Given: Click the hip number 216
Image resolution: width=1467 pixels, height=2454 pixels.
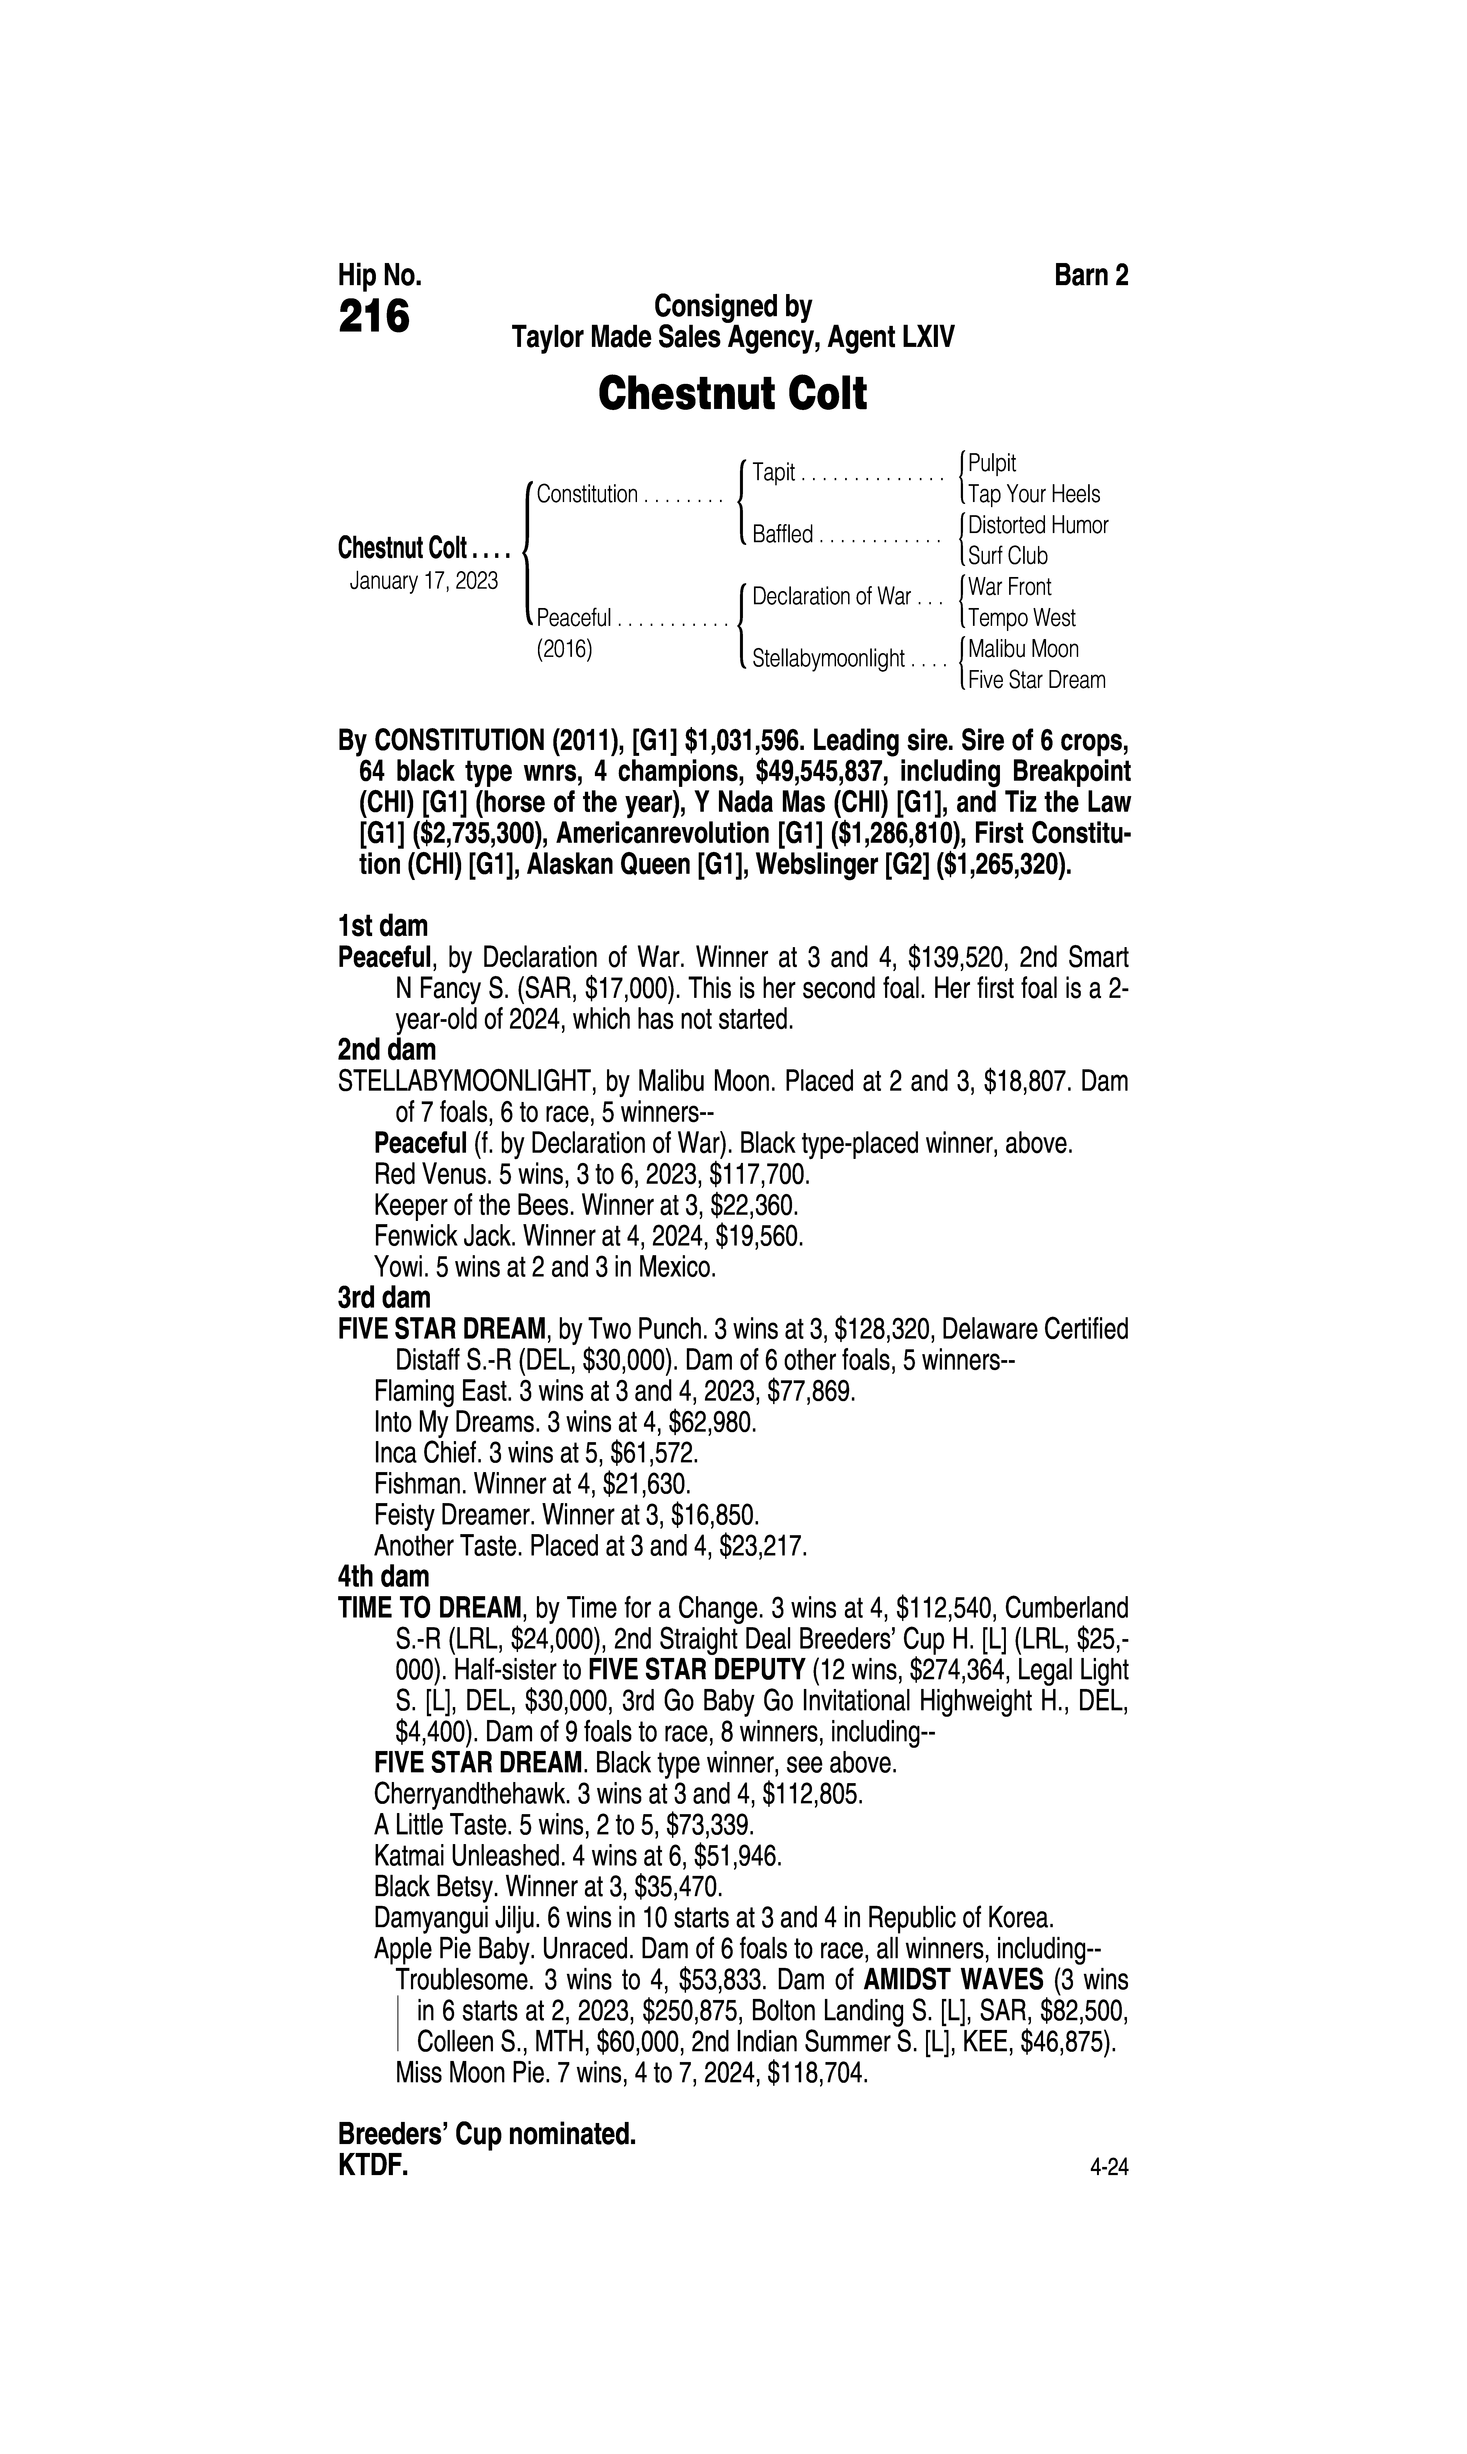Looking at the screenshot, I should pos(374,318).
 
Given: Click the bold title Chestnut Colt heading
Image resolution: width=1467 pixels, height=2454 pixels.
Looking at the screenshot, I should pos(732,394).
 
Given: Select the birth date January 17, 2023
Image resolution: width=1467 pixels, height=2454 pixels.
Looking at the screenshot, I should pos(424,580).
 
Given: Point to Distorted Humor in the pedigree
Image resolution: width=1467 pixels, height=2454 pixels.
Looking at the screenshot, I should pos(1038,525).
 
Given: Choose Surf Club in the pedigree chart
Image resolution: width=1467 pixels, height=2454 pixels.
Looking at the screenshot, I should pos(1007,556).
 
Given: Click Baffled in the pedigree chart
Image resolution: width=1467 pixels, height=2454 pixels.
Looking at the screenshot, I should pos(782,535).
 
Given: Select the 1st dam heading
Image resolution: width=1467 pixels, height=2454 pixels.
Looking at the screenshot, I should pos(383,926).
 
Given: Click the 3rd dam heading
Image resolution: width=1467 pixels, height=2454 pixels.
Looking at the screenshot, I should pos(385,1296).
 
